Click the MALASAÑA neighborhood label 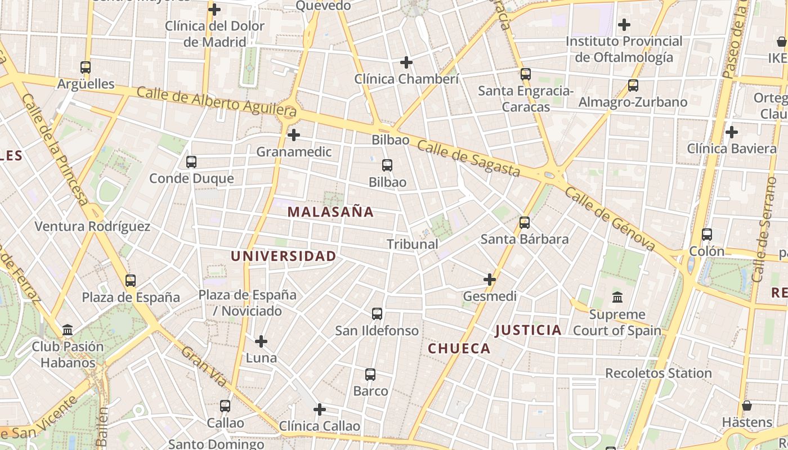(x=330, y=212)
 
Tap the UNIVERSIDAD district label (x=284, y=256)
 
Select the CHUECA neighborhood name (x=459, y=349)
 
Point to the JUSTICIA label (x=529, y=330)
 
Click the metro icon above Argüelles (x=86, y=67)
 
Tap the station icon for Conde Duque (x=191, y=162)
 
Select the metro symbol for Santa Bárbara (x=525, y=223)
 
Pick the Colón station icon (x=707, y=235)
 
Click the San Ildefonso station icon (x=377, y=314)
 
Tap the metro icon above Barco (x=370, y=375)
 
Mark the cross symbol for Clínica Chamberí (x=406, y=62)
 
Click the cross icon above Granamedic (x=294, y=135)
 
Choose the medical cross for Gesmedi (x=490, y=279)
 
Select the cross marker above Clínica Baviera (x=732, y=132)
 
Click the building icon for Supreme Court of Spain (x=617, y=297)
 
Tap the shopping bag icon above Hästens (x=747, y=406)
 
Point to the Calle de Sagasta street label (x=468, y=159)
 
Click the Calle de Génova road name (x=610, y=219)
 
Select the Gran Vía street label (x=204, y=366)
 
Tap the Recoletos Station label (x=659, y=373)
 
